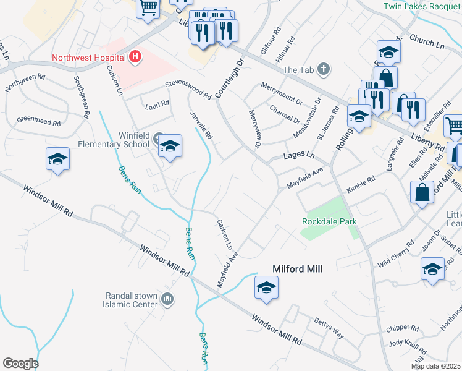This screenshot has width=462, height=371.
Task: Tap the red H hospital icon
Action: pyautogui.click(x=135, y=58)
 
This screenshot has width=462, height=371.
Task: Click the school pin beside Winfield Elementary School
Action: pyautogui.click(x=170, y=147)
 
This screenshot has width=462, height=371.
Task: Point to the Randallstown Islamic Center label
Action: pyautogui.click(x=133, y=299)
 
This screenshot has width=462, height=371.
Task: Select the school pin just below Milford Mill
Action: pyautogui.click(x=266, y=288)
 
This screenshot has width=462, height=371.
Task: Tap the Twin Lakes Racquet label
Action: pyautogui.click(x=422, y=6)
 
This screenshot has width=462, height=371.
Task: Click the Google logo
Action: pyautogui.click(x=20, y=364)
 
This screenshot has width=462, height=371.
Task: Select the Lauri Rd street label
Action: pyautogui.click(x=156, y=104)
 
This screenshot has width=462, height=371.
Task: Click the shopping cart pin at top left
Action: pyautogui.click(x=148, y=9)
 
